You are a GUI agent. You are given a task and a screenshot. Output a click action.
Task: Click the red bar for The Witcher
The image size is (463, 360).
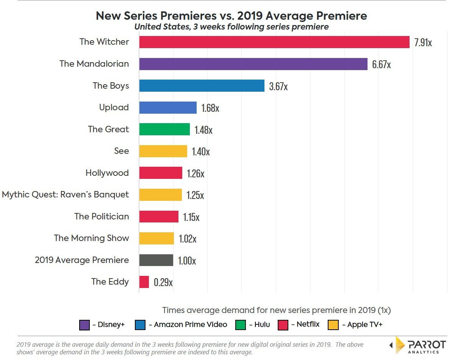coord(274,42)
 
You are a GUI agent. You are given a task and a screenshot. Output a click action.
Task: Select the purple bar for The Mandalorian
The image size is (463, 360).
coord(253,64)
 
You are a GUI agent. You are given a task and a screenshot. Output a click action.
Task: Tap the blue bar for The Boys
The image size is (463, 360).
coord(202,86)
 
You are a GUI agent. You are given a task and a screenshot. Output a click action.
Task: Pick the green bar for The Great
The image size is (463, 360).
coord(164,129)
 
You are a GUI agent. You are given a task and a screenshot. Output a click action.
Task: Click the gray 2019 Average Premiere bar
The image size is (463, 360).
coord(156,260)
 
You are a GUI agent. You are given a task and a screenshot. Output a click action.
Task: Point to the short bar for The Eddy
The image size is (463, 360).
coord(144,282)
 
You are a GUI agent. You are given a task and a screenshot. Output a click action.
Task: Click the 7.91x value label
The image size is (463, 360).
coord(423,42)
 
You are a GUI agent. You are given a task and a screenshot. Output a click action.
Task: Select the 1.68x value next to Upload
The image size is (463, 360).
coord(210,108)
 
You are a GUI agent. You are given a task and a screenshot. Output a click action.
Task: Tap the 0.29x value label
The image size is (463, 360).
coord(163,282)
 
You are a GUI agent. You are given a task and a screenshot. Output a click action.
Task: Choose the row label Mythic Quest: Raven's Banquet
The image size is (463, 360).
coord(65,195)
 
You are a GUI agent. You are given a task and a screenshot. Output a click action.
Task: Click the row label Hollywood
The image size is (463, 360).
coord(107,173)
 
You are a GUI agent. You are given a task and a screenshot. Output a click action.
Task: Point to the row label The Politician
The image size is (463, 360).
coord(102,217)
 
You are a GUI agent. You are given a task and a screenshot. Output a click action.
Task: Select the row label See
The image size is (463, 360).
coord(121,151)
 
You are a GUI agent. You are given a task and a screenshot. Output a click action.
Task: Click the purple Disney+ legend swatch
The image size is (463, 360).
coord(84,325)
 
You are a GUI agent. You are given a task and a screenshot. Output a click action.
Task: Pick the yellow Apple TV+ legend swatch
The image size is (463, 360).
coord(333,325)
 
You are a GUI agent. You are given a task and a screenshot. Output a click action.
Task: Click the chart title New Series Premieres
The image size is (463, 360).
coord(231,16)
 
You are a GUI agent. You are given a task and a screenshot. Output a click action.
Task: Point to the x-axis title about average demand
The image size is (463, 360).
coord(276,310)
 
